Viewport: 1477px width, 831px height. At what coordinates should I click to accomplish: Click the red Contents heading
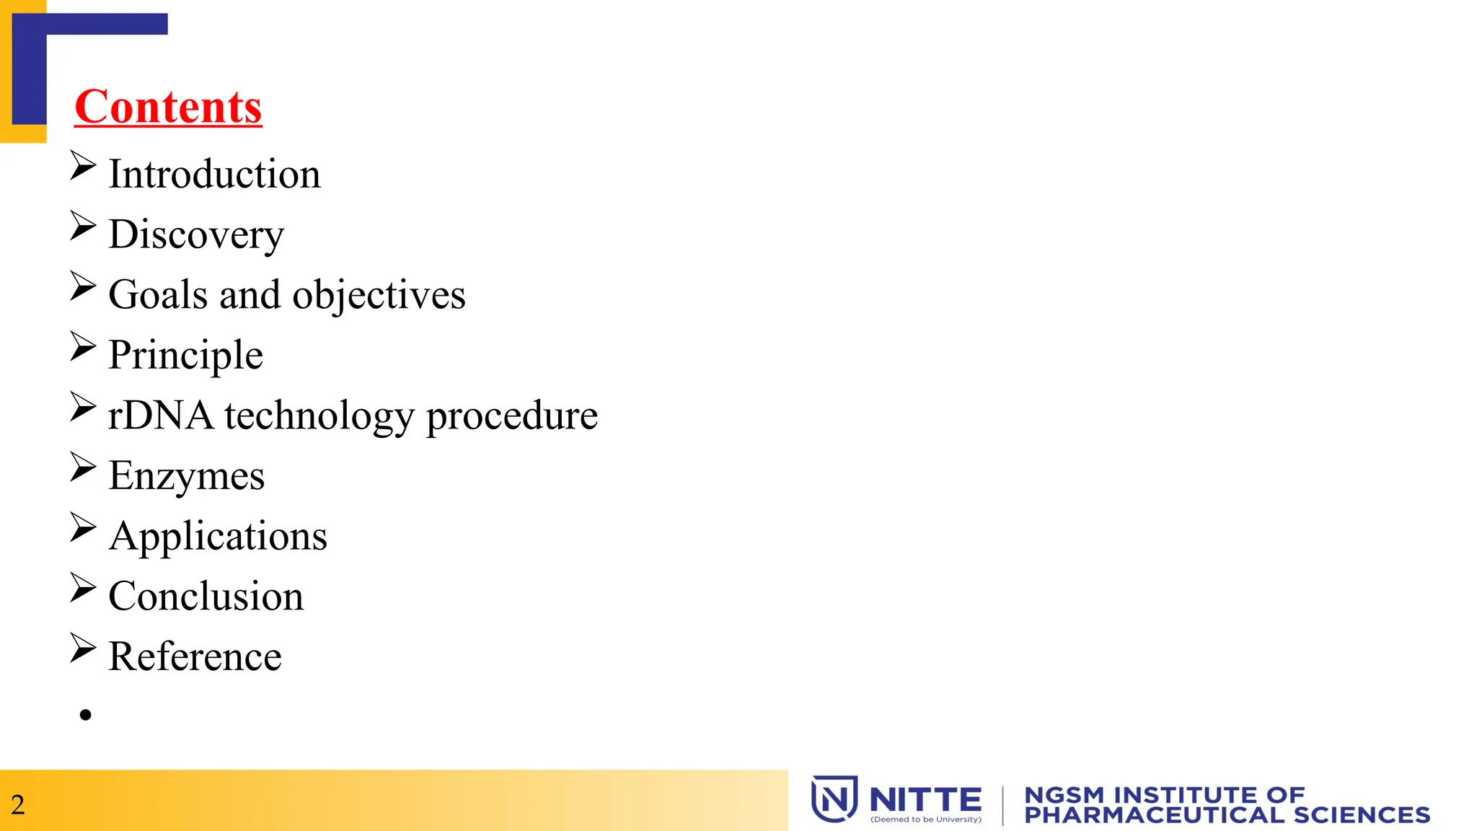tap(168, 107)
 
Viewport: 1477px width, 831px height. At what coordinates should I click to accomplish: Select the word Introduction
tap(214, 175)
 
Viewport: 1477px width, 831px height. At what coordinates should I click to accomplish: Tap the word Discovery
tap(196, 235)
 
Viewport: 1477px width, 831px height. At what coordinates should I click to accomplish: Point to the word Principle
tap(185, 356)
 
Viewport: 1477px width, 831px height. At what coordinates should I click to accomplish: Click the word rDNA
tap(160, 416)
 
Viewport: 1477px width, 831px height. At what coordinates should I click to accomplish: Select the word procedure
tap(512, 416)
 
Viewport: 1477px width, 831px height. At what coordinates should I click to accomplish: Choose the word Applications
tap(218, 537)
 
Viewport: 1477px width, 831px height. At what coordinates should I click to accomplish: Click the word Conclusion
tap(206, 597)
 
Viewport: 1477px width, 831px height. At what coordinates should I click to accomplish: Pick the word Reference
tap(195, 657)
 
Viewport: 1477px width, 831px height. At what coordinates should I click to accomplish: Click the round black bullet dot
tap(86, 715)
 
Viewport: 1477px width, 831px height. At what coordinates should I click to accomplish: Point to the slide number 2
tap(18, 805)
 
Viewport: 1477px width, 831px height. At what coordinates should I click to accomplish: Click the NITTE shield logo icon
tap(834, 799)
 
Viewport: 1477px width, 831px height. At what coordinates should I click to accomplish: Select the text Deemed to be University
tap(926, 819)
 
